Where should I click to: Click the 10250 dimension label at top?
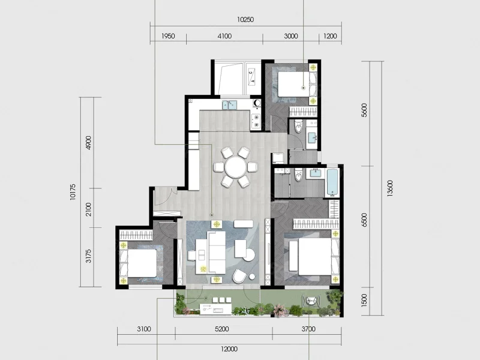tap(245, 20)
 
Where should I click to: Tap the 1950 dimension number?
tap(168, 36)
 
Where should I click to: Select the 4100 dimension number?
tap(224, 36)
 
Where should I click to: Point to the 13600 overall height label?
tap(389, 188)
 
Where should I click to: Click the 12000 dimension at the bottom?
tap(229, 349)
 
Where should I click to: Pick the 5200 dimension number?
tap(221, 329)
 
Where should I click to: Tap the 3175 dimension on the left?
tap(88, 256)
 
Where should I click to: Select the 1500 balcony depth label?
tap(364, 301)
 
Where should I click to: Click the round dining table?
tap(235, 167)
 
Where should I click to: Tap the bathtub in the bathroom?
tap(332, 182)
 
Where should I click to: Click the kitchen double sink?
tap(230, 105)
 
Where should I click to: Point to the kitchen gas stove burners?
tap(256, 121)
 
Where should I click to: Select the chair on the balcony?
tap(311, 301)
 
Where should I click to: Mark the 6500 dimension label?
tap(364, 220)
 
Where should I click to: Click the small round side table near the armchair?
tap(252, 277)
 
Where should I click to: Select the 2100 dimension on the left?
tap(88, 209)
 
